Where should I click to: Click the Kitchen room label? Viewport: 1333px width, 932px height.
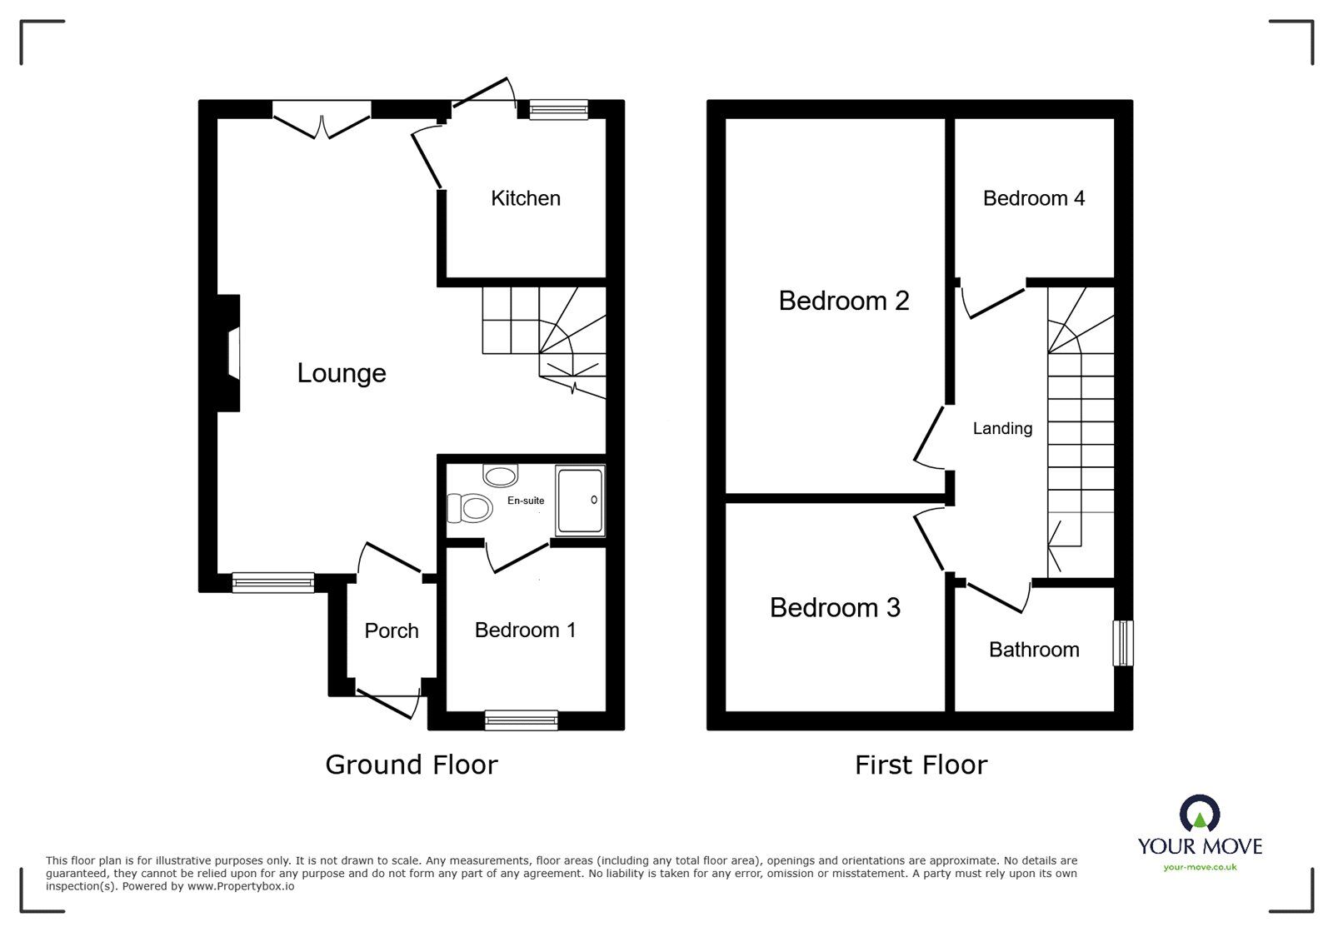[x=525, y=198]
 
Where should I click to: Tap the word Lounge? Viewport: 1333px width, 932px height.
[x=342, y=372]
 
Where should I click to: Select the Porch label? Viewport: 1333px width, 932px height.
[x=391, y=630]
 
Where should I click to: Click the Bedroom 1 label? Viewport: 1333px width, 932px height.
[x=525, y=630]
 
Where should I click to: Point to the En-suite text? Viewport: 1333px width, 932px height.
[x=526, y=501]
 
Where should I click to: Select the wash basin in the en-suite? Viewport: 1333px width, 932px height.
[x=500, y=476]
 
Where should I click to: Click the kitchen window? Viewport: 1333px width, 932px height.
[x=558, y=109]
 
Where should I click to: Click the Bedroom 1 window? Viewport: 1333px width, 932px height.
[x=522, y=720]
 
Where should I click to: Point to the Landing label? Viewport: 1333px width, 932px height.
[x=1002, y=428]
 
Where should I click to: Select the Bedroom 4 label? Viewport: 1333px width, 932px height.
[x=1033, y=198]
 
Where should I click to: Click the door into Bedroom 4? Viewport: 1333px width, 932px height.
[x=993, y=302]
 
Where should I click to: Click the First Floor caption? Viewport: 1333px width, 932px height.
[x=921, y=765]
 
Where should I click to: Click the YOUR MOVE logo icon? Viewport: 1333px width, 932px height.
[x=1200, y=813]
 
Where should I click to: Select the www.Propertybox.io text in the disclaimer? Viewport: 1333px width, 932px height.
[x=241, y=887]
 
